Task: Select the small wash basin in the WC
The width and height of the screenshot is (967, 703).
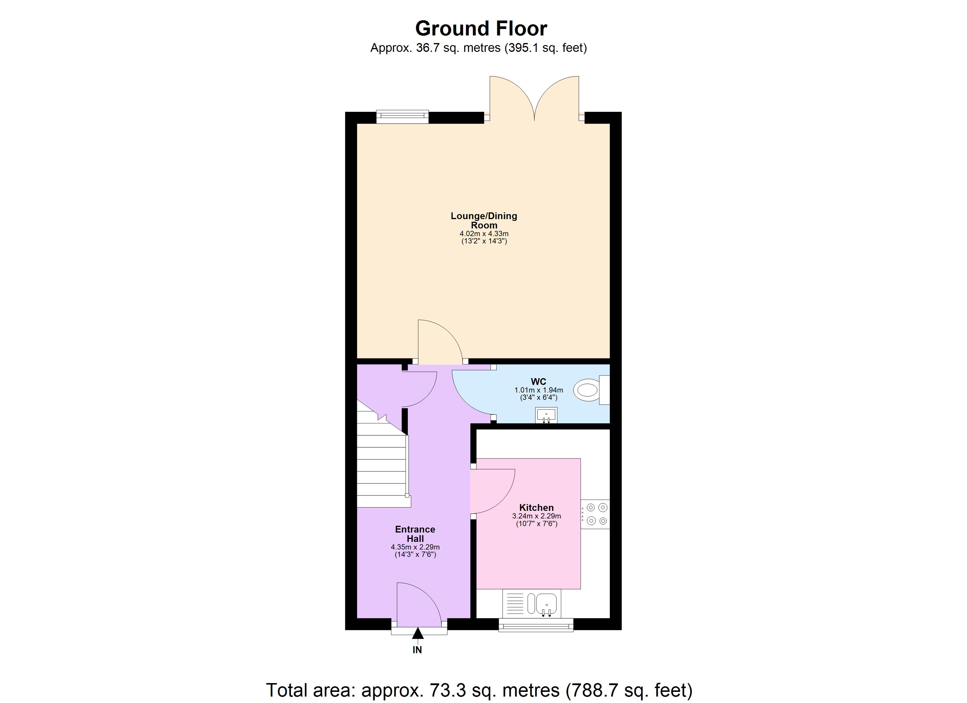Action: click(x=546, y=414)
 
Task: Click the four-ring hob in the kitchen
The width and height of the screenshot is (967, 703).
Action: click(x=596, y=514)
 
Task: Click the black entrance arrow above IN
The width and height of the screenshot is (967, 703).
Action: click(x=418, y=634)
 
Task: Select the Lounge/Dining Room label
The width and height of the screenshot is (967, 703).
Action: click(x=484, y=220)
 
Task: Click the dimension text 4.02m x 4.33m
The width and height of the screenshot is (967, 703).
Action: click(x=484, y=234)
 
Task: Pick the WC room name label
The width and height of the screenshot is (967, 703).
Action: click(x=538, y=382)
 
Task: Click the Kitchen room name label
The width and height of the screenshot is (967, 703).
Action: click(x=536, y=507)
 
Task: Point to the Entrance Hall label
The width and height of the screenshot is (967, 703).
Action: click(x=415, y=534)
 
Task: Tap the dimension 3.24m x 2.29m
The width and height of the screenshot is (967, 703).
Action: click(x=536, y=516)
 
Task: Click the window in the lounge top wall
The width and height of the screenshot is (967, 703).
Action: click(x=402, y=116)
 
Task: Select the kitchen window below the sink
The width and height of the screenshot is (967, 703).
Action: click(x=536, y=625)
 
